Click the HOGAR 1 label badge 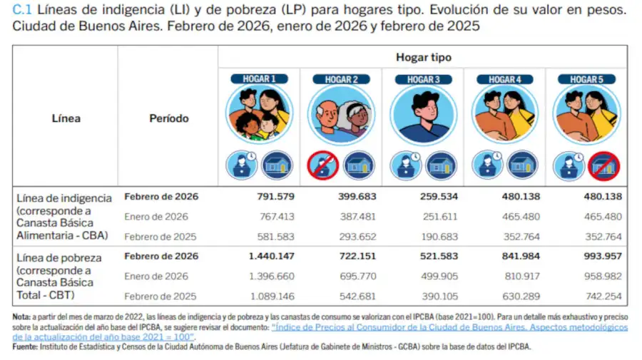tap(259, 79)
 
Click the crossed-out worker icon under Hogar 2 tap(322, 165)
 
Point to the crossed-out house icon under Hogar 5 tap(603, 165)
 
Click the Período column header tap(168, 118)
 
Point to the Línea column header tap(66, 118)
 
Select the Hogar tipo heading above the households tap(423, 57)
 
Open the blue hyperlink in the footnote tap(449, 327)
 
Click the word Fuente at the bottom tap(25, 347)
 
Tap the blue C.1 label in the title tap(21, 11)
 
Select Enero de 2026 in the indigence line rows tap(156, 217)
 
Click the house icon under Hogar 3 tap(440, 165)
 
